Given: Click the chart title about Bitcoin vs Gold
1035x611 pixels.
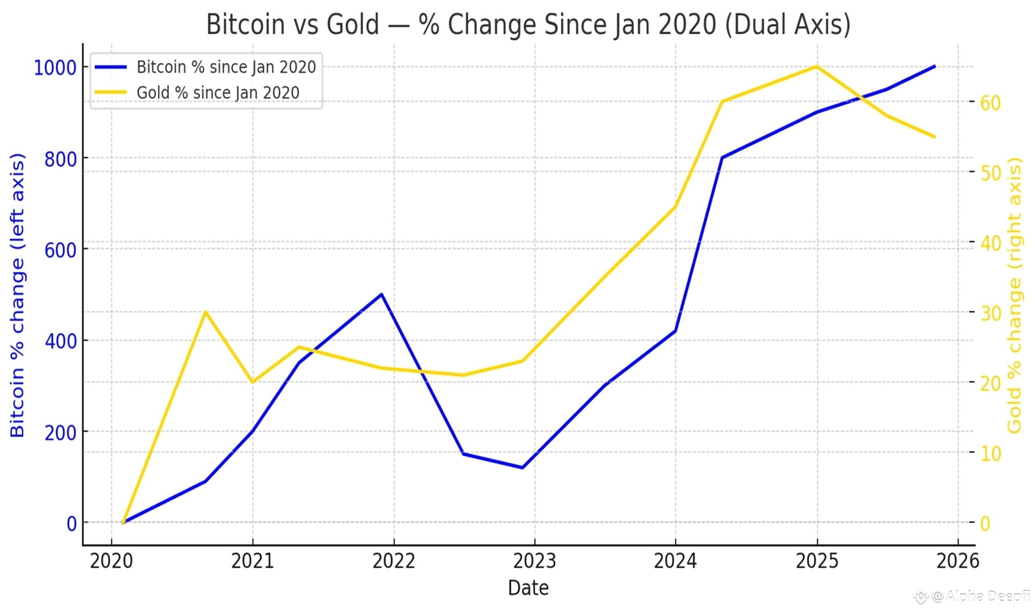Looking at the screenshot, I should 528,24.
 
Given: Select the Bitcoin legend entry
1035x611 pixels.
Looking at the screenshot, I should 226,68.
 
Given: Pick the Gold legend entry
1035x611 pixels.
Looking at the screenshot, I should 217,93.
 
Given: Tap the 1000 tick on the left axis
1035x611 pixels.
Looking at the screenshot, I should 55,68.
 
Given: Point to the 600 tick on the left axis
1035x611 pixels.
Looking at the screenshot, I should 60,250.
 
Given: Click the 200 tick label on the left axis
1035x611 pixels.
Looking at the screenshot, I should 60,433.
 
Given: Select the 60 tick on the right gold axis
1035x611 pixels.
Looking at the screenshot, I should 990,104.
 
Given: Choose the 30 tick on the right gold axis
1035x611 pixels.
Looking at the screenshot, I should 990,314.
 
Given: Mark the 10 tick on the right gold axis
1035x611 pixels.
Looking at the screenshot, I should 990,454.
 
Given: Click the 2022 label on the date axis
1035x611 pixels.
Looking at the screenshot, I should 394,562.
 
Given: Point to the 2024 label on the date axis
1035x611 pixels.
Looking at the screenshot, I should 675,562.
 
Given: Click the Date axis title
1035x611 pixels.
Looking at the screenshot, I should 528,588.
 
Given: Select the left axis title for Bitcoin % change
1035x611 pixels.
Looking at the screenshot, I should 17,295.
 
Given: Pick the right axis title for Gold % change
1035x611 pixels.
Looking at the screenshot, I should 1015,295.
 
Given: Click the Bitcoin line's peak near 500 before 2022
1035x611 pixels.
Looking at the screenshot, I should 381,294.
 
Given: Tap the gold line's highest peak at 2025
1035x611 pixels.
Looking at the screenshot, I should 817,66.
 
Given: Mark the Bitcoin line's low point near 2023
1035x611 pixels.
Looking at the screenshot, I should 522,467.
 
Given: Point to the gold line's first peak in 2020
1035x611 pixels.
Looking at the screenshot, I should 205,312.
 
